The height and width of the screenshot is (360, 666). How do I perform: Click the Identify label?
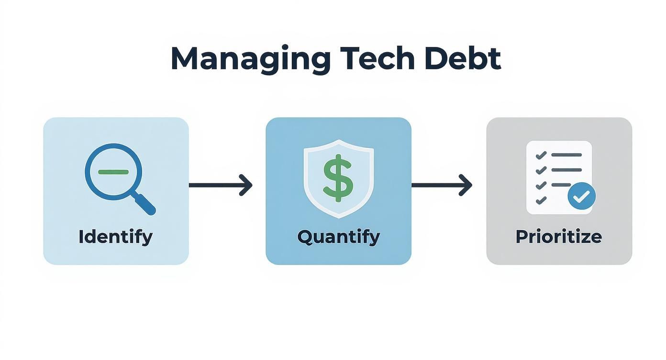click(115, 236)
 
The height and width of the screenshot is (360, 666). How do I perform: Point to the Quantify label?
click(338, 236)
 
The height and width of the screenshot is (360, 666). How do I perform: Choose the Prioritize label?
click(558, 236)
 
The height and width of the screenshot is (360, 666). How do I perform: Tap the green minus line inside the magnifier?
click(113, 171)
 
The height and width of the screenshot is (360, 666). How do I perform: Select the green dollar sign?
click(338, 178)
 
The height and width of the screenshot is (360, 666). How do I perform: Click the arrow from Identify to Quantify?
click(220, 185)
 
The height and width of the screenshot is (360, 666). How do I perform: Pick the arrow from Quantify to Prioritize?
click(441, 185)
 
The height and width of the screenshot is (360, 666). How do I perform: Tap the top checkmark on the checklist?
click(541, 156)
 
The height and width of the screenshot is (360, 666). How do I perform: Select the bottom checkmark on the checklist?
click(541, 200)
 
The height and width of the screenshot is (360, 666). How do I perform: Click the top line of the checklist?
click(566, 155)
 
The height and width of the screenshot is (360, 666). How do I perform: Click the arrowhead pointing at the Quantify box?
click(246, 185)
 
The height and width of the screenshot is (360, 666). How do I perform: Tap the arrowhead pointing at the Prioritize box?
click(466, 185)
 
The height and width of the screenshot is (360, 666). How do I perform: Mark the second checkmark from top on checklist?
click(541, 170)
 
